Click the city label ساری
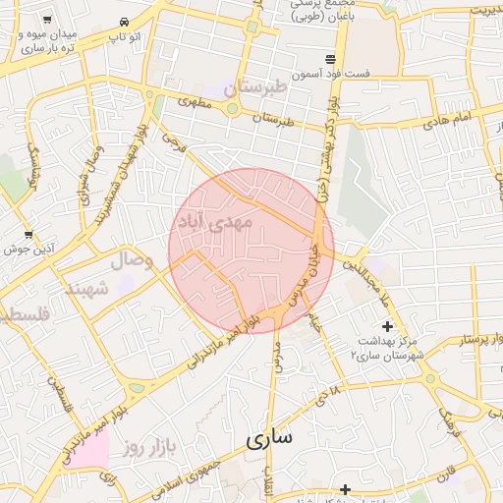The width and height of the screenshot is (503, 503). click(x=270, y=439)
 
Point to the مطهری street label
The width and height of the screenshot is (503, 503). click(x=194, y=101)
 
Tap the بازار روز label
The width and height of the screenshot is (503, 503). click(x=149, y=448)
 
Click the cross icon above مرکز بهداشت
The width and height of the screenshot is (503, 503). click(x=387, y=325)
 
